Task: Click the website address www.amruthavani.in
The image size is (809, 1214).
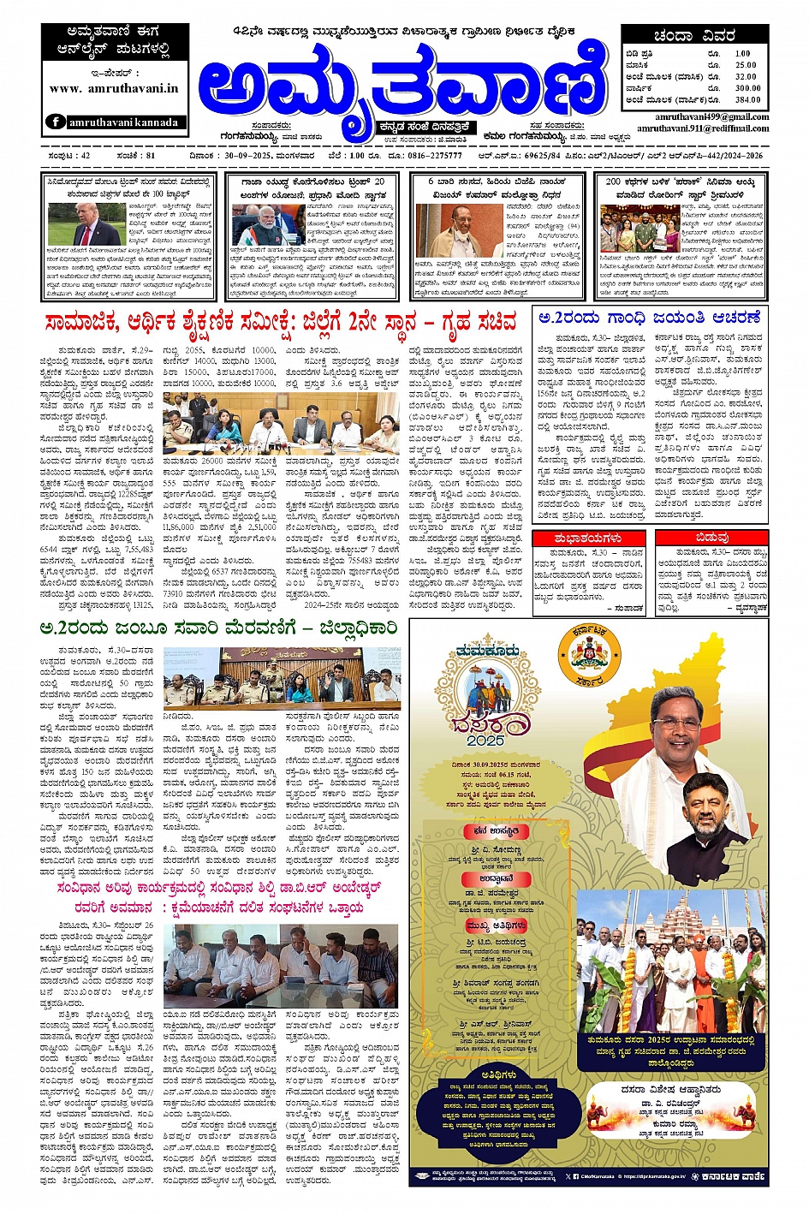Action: point(113,88)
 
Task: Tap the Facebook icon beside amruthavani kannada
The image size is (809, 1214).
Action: point(56,122)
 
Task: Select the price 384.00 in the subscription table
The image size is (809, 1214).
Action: point(747,99)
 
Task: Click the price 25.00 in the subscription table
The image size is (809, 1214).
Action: point(746,65)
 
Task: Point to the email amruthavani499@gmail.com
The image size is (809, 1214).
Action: point(712,117)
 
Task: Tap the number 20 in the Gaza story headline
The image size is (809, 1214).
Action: point(379,182)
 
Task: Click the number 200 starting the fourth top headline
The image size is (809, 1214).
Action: point(613,182)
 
